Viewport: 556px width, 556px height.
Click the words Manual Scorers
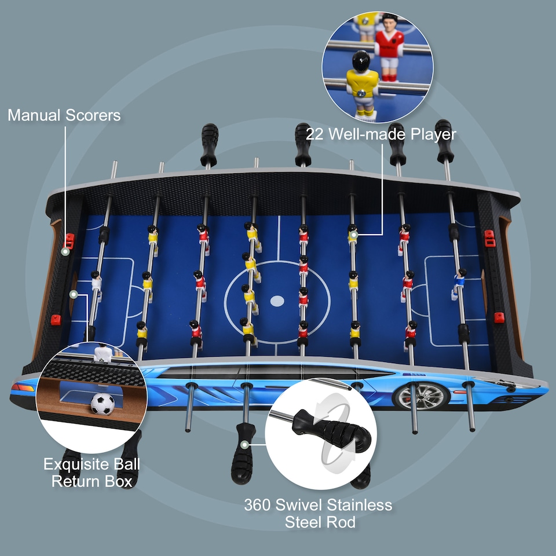pyautogui.click(x=64, y=115)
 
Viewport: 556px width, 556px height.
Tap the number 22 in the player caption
pyautogui.click(x=314, y=134)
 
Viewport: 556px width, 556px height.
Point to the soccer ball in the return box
pyautogui.click(x=103, y=404)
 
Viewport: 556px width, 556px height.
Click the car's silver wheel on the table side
pyautogui.click(x=421, y=396)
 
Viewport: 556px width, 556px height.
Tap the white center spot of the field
pyautogui.click(x=277, y=301)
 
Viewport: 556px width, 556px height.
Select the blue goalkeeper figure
pyautogui.click(x=459, y=281)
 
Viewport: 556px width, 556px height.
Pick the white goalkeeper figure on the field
pyautogui.click(x=96, y=284)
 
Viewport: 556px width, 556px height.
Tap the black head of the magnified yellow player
pyautogui.click(x=361, y=60)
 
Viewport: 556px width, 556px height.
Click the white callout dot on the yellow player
pyautogui.click(x=352, y=235)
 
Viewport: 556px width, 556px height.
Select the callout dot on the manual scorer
pyautogui.click(x=65, y=252)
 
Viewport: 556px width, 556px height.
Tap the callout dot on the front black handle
pyautogui.click(x=246, y=444)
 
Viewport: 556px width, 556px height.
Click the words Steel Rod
pyautogui.click(x=320, y=522)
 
